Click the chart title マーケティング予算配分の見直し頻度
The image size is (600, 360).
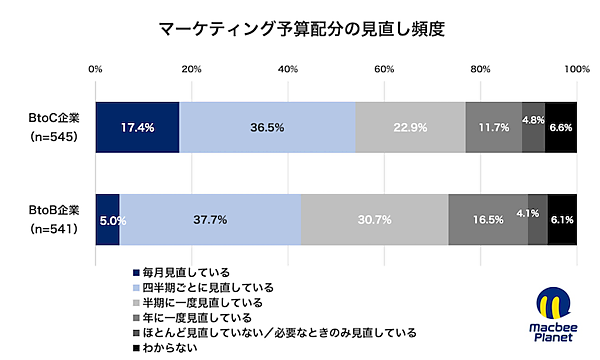click(300, 28)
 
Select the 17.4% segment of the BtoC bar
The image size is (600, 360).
click(137, 127)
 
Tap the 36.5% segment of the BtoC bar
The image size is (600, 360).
click(267, 127)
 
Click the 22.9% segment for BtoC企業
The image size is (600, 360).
click(410, 127)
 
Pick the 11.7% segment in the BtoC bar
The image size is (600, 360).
click(494, 127)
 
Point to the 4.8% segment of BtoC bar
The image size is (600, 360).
click(533, 127)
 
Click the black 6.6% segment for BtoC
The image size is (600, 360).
click(561, 127)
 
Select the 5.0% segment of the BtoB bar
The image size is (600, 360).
click(108, 218)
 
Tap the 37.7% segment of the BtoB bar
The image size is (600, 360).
click(211, 218)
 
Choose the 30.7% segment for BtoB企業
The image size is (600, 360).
click(375, 218)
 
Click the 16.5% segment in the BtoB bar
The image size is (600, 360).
click(488, 218)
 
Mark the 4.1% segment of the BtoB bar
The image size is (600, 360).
click(538, 218)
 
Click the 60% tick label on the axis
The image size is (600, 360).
click(384, 69)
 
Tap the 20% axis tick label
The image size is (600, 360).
click(192, 69)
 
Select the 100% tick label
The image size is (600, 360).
click(576, 69)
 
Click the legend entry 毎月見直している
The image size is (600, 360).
click(186, 272)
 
